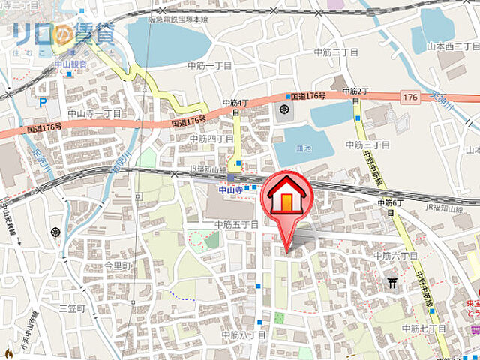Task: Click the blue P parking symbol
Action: (x=43, y=102)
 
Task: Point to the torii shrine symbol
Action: (x=392, y=282)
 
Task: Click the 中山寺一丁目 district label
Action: (x=95, y=113)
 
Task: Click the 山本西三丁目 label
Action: (x=452, y=46)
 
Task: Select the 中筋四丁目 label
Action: (x=211, y=139)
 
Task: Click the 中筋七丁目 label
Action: (x=424, y=328)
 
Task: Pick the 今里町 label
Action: (x=118, y=265)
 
